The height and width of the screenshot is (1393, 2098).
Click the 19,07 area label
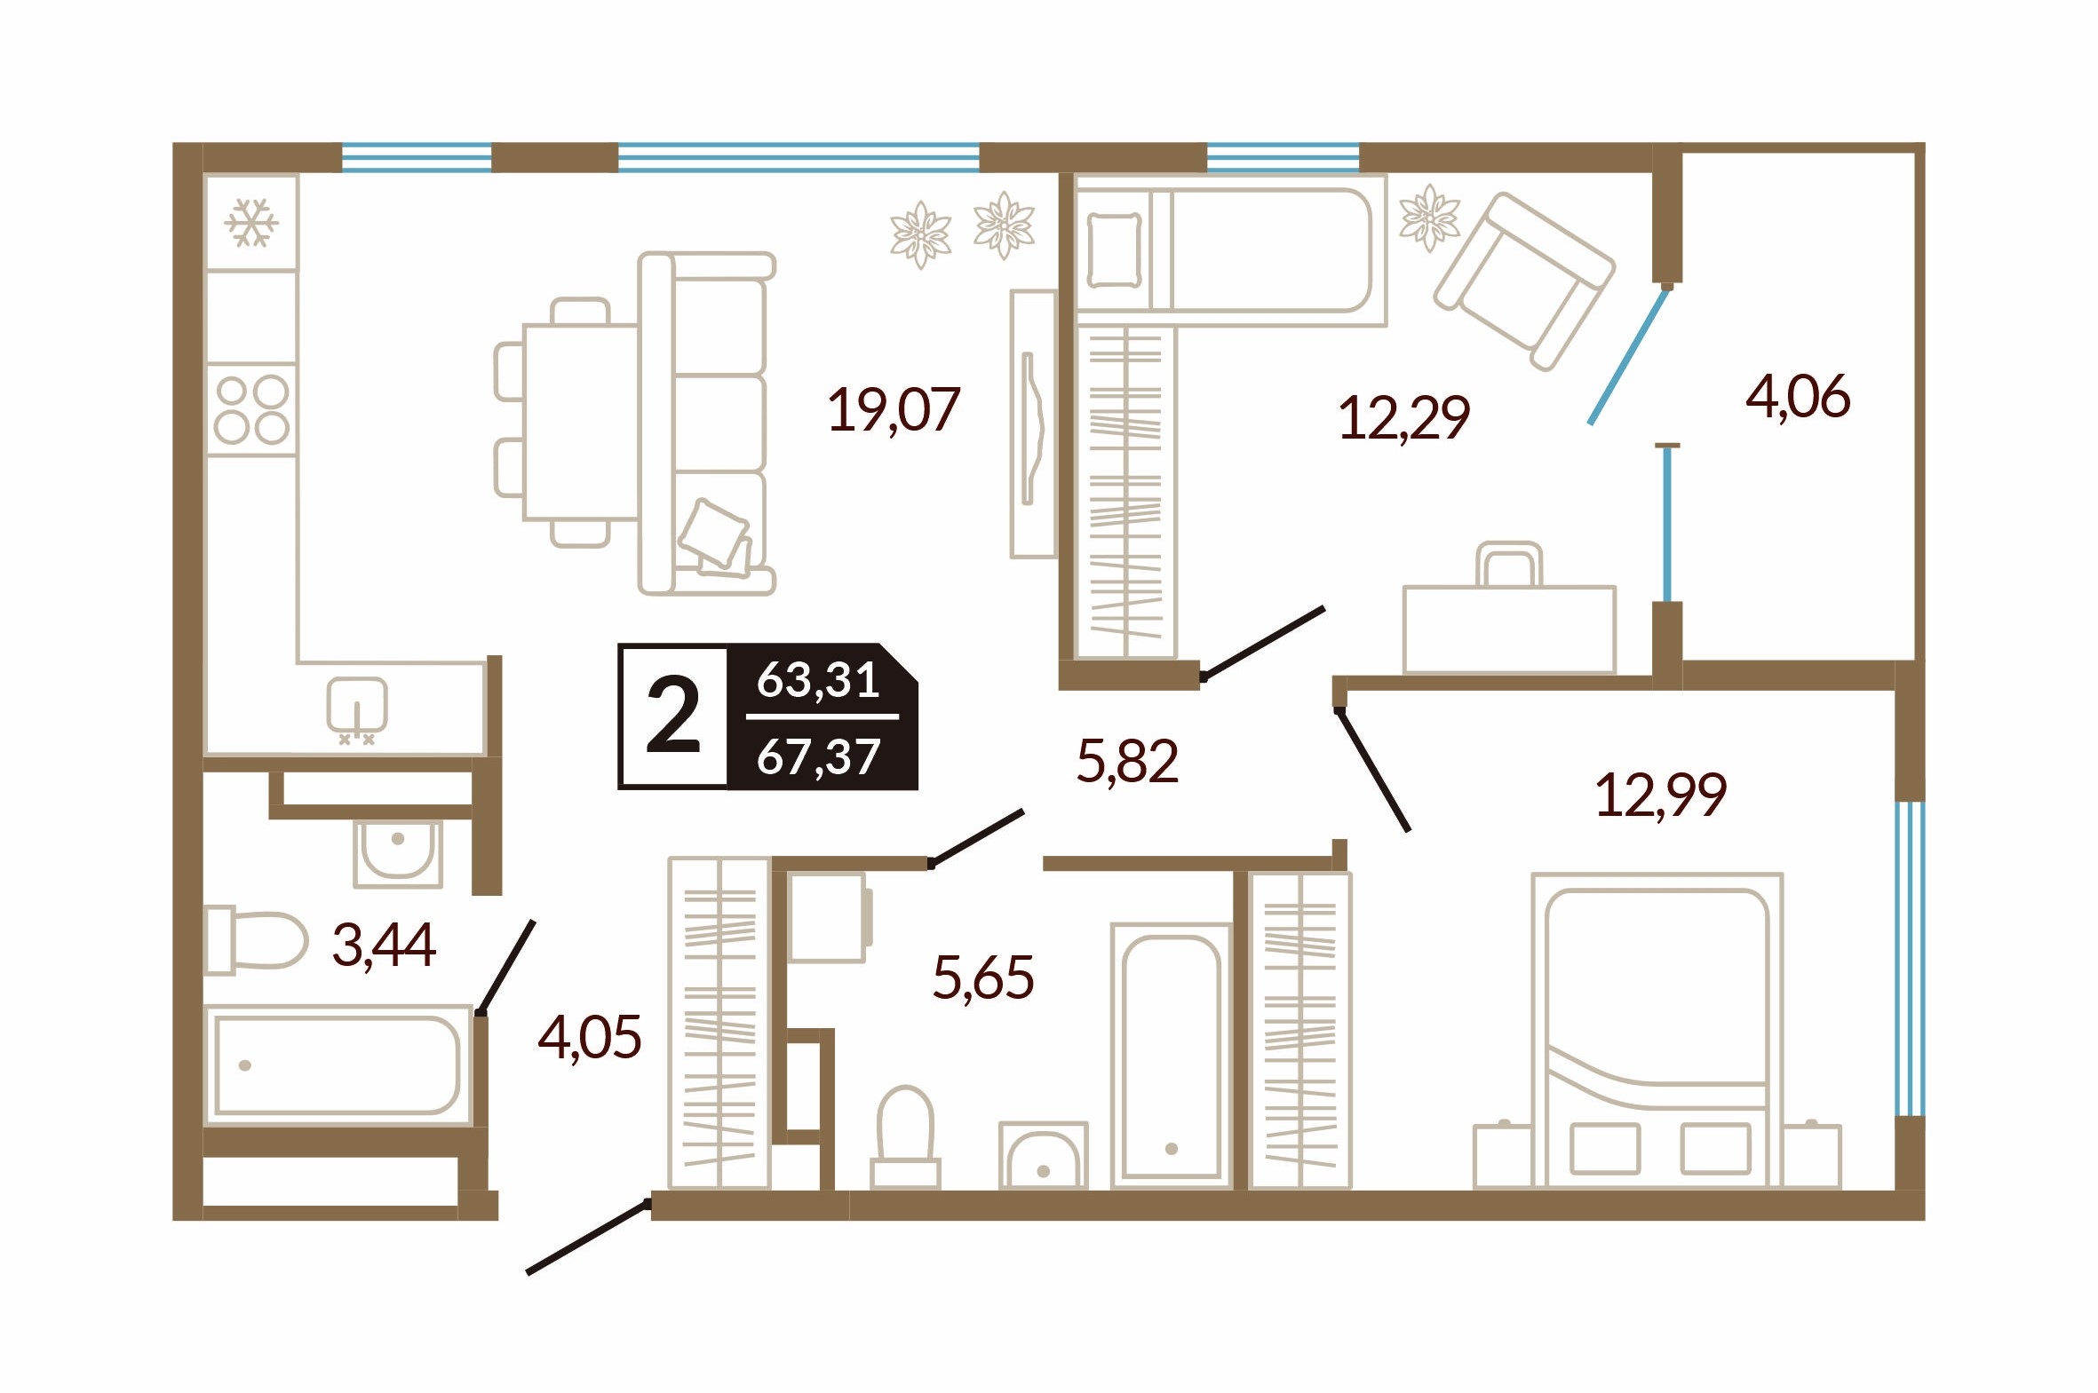tap(894, 410)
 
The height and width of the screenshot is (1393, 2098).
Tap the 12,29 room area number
tap(1404, 417)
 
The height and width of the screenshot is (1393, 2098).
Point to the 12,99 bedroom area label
tap(1661, 795)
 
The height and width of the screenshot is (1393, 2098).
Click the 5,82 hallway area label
tap(1128, 763)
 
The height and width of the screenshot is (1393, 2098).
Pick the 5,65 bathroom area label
tap(983, 978)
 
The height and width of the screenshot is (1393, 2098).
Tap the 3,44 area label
tap(384, 945)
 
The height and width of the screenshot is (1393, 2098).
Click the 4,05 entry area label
tap(589, 1037)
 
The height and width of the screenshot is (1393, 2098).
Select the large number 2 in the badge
tap(672, 716)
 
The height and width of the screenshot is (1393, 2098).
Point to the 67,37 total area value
tap(818, 757)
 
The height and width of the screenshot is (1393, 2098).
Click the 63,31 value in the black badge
tap(818, 679)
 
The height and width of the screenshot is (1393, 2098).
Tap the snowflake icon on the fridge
tap(251, 222)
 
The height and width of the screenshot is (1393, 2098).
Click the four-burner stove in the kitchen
tap(252, 409)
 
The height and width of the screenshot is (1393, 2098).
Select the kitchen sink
tap(356, 708)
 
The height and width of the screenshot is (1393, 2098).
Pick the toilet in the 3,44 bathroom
tap(256, 940)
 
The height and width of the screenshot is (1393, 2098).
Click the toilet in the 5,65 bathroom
tap(905, 1136)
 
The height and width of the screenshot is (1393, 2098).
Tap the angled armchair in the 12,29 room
tap(1523, 281)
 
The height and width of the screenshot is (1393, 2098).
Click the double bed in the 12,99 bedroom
tap(1657, 1031)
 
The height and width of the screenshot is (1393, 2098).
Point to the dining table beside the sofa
tap(581, 421)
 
